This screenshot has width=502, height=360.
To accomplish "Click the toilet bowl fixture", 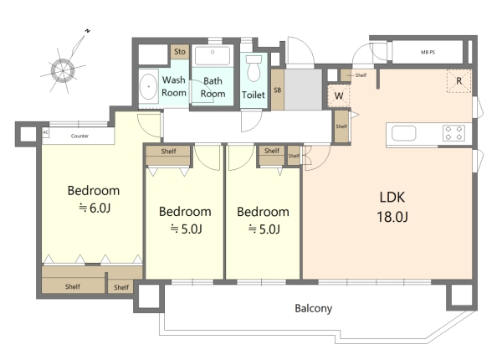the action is pos(254,69).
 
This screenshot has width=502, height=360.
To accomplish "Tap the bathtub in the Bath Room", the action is pos(213,55).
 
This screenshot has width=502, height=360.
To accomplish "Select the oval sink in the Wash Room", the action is pos(149,87).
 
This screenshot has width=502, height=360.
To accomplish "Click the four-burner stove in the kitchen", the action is pos(453,133).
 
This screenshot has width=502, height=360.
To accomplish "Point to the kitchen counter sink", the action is pos(404,133).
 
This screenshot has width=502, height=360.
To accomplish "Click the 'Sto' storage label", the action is pos(180,52).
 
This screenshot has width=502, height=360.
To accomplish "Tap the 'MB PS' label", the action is pos(428,52).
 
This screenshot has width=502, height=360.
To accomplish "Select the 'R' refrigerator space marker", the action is pos(459,80).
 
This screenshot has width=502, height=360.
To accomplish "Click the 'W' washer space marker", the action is pos(339,95).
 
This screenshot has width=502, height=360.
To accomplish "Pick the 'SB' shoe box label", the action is pos(277,90).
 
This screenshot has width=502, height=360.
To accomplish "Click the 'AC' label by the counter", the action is pos(45,132).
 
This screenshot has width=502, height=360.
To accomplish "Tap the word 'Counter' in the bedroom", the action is pos(79,136).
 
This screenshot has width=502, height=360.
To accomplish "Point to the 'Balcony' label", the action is pos(314,308).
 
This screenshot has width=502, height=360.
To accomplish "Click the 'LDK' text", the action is pos(392,198).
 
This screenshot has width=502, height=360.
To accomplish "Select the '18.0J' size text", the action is pos(392,217).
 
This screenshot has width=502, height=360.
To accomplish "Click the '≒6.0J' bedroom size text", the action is pos(95,208).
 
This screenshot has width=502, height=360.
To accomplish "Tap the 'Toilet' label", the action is pos(254,95).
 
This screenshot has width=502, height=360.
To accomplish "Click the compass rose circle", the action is pos(63,70).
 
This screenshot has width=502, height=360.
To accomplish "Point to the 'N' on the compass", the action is pos(87,31).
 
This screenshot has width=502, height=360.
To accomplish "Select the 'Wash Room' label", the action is pos(174,86).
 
